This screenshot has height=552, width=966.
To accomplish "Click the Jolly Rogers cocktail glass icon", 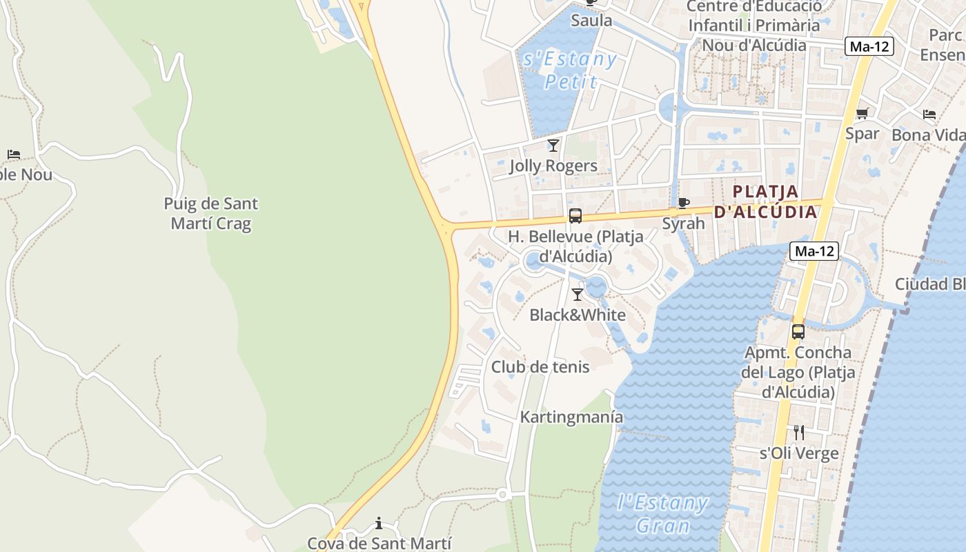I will tap(553, 146).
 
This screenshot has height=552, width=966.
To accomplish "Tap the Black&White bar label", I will tap(578, 315).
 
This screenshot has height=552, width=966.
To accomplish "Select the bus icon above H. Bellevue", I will tap(575, 216).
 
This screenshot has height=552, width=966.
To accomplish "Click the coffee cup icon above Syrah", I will tap(683, 203).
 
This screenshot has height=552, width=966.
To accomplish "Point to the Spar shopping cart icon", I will tap(862, 114).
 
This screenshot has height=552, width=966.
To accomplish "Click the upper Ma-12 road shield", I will tap(869, 47).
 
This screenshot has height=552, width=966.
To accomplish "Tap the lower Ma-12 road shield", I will tap(814, 252).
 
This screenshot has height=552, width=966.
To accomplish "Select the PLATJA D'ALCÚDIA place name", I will tap(765, 201).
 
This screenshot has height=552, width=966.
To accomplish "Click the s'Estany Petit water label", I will tap(570, 70).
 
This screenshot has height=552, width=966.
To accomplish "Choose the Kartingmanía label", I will tap(571, 417).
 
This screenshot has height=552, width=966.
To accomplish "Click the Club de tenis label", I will tap(540, 367).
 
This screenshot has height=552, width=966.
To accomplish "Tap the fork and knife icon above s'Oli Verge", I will tap(799, 433).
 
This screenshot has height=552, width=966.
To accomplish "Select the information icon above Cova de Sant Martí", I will tap(378, 524).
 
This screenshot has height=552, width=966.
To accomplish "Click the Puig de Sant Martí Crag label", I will tap(211, 214).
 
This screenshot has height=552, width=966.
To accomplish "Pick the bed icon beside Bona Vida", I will tap(929, 115).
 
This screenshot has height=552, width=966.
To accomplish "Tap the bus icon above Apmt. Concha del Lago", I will tap(798, 332).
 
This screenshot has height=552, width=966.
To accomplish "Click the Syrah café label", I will tap(683, 224).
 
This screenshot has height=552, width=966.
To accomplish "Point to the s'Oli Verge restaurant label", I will tap(799, 453).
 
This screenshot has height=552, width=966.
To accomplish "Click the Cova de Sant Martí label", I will tap(379, 544).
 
